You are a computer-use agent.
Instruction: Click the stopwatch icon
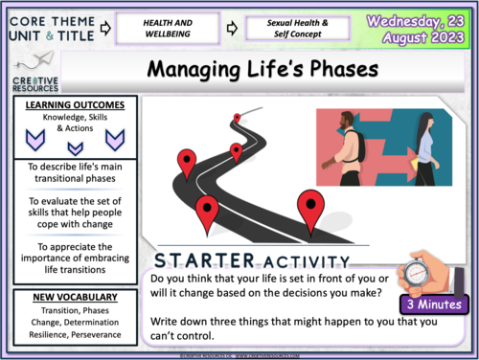(423, 272)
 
